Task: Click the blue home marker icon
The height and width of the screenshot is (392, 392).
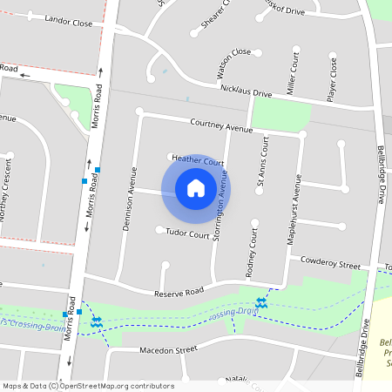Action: tap(196, 187)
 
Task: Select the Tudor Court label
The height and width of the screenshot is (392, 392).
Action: tap(187, 234)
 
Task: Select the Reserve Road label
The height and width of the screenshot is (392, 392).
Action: tap(179, 291)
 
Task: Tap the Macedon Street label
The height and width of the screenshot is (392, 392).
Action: tap(169, 351)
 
